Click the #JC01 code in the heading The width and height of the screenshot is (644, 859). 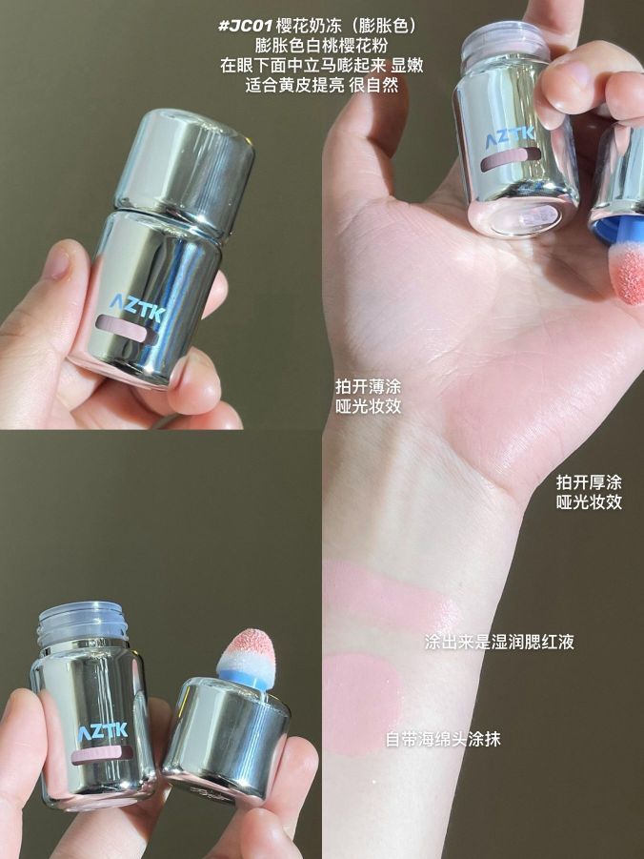click(246, 27)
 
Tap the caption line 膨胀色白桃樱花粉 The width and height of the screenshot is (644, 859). click(321, 46)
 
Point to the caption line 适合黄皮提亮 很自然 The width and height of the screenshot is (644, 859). click(321, 85)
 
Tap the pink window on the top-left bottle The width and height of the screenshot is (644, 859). click(124, 328)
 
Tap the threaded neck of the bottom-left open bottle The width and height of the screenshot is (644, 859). click(83, 624)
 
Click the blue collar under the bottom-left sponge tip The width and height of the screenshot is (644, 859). click(246, 677)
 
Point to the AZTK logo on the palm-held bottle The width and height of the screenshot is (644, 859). click(510, 136)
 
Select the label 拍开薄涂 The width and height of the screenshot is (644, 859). click(369, 387)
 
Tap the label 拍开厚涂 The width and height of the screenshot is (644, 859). click(590, 482)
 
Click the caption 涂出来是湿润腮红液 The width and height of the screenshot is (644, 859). click(499, 642)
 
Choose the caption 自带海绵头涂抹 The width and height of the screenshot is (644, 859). click(443, 739)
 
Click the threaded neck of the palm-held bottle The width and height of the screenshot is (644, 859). click(505, 42)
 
